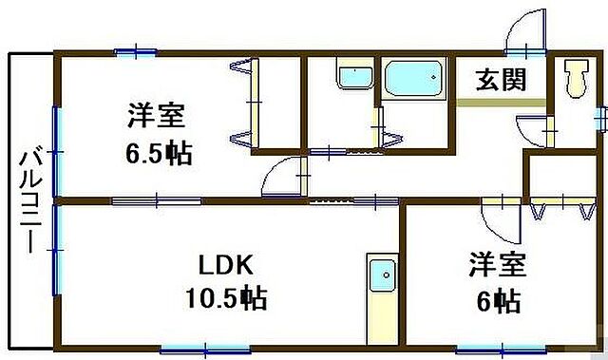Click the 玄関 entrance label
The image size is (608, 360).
click(x=501, y=80)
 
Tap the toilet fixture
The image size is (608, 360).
click(x=574, y=79)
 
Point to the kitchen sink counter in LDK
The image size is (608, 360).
click(x=383, y=297)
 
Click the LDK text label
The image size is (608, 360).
click(x=225, y=264)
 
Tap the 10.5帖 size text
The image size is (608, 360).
click(x=225, y=300)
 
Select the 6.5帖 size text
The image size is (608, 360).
click(x=160, y=152)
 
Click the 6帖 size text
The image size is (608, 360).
click(x=497, y=302)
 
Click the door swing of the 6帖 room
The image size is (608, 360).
click(x=500, y=222)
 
